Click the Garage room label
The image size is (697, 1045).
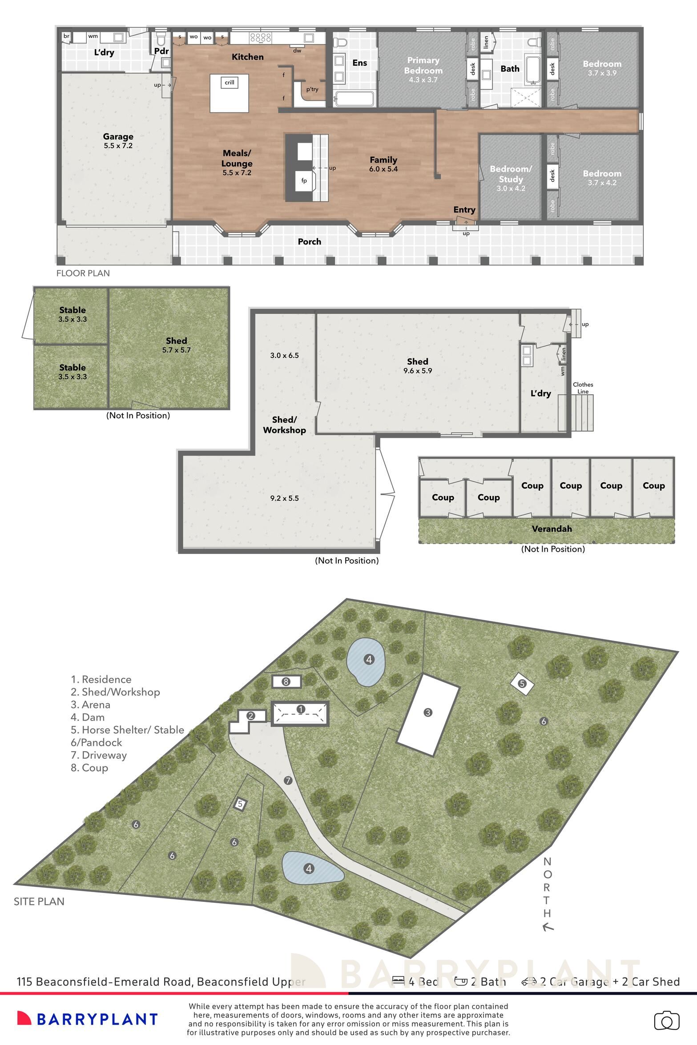pyautogui.click(x=118, y=136)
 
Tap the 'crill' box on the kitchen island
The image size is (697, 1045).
pyautogui.click(x=230, y=82)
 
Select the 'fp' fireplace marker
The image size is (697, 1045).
pyautogui.click(x=304, y=180)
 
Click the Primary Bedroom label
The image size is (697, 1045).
pyautogui.click(x=423, y=65)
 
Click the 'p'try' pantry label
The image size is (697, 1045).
pyautogui.click(x=312, y=89)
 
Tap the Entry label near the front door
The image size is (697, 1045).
pyautogui.click(x=464, y=209)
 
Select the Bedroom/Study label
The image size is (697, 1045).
pyautogui.click(x=511, y=174)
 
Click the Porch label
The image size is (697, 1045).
pyautogui.click(x=309, y=241)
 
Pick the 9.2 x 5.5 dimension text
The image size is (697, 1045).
pyautogui.click(x=284, y=498)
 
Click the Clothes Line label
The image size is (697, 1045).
pyautogui.click(x=583, y=388)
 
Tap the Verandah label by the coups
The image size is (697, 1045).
pyautogui.click(x=552, y=529)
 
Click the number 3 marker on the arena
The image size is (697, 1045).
pyautogui.click(x=427, y=713)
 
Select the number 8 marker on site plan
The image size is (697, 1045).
pyautogui.click(x=286, y=681)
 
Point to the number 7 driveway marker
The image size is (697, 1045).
pyautogui.click(x=288, y=780)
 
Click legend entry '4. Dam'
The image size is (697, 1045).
pyautogui.click(x=88, y=717)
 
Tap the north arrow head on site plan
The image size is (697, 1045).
pyautogui.click(x=548, y=927)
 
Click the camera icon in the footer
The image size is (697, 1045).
pyautogui.click(x=666, y=1021)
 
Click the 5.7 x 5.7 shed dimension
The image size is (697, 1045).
pyautogui.click(x=176, y=350)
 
